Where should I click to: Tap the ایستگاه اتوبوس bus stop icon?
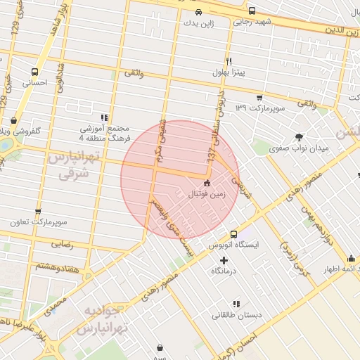(x=234, y=234)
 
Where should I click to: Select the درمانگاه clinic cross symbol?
(x=224, y=260)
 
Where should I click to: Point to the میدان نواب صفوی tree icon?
(x=300, y=137)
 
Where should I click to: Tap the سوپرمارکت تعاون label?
(x=38, y=222)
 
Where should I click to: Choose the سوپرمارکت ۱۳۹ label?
(x=259, y=108)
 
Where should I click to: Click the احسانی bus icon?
(x=34, y=71)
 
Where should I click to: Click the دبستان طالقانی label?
(x=237, y=315)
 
